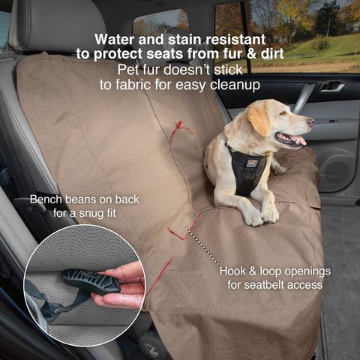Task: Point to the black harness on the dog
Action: (245, 167)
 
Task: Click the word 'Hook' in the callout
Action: (234, 270)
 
